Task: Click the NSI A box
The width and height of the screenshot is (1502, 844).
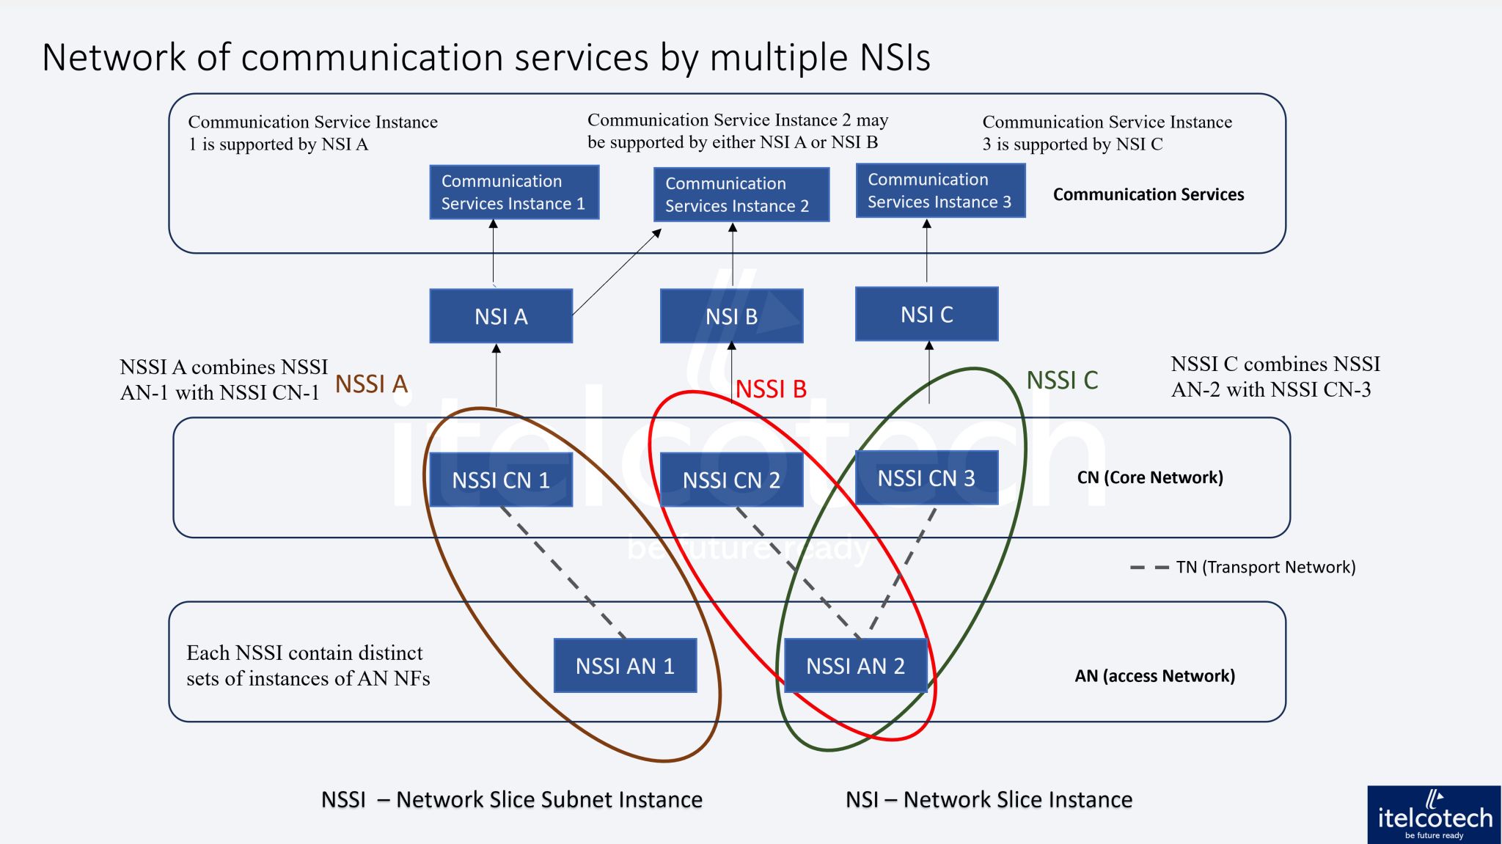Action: tap(501, 316)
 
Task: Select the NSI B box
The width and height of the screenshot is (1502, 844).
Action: tap(731, 316)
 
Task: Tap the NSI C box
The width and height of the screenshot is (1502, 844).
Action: tap(926, 315)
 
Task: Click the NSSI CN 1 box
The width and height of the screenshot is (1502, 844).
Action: tap(501, 480)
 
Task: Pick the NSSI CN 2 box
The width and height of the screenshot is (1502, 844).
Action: tap(731, 480)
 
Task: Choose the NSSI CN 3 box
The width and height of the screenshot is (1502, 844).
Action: tap(926, 478)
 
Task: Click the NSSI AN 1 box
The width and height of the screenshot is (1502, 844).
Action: tap(625, 666)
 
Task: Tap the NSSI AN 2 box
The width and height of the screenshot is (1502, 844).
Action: tap(855, 666)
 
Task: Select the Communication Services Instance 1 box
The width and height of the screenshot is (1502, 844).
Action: tap(513, 192)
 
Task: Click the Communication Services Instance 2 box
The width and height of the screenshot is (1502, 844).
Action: tap(741, 194)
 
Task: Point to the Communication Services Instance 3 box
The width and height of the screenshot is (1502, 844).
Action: tap(940, 191)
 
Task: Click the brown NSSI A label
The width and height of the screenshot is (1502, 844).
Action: tap(371, 384)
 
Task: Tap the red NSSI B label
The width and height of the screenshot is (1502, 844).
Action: tap(771, 389)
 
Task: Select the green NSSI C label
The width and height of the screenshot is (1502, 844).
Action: tap(1062, 381)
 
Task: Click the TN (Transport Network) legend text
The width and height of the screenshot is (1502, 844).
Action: tap(1265, 567)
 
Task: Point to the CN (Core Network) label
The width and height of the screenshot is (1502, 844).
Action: tap(1149, 477)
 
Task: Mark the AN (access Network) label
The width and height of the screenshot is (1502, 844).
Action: tap(1154, 676)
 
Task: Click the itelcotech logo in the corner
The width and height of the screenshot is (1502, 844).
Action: tap(1434, 815)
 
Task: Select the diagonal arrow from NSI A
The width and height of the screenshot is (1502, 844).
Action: tap(616, 273)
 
